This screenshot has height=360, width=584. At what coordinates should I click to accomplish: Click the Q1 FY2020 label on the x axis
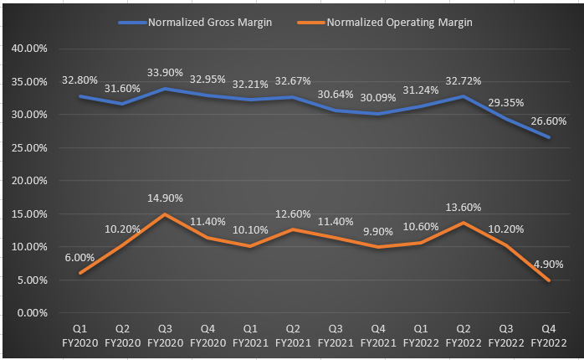[x=79, y=337]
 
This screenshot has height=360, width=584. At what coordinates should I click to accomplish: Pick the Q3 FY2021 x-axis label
[x=336, y=337]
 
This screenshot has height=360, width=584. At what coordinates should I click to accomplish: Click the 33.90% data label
[x=165, y=72]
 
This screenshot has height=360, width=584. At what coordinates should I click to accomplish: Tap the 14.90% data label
[x=165, y=198]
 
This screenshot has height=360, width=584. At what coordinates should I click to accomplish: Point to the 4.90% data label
[x=547, y=265]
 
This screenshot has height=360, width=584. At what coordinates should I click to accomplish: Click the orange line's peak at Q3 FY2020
[x=165, y=214]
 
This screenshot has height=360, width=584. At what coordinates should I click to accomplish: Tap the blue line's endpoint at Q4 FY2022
[x=549, y=137]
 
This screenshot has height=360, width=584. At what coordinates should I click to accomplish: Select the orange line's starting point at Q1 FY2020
[x=79, y=273]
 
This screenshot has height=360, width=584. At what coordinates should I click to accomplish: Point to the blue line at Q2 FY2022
[x=464, y=96]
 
